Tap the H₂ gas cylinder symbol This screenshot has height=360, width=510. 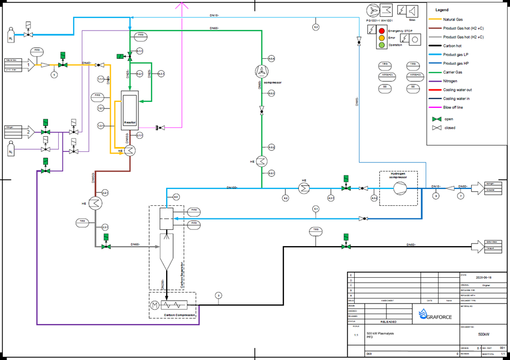point(11,38)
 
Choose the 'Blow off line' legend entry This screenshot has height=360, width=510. point(457,108)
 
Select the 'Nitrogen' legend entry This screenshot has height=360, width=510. point(453,81)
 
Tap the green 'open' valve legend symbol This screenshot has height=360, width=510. point(434,118)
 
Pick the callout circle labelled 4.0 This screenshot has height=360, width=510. point(176,197)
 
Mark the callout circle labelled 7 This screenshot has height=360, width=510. point(460,196)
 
